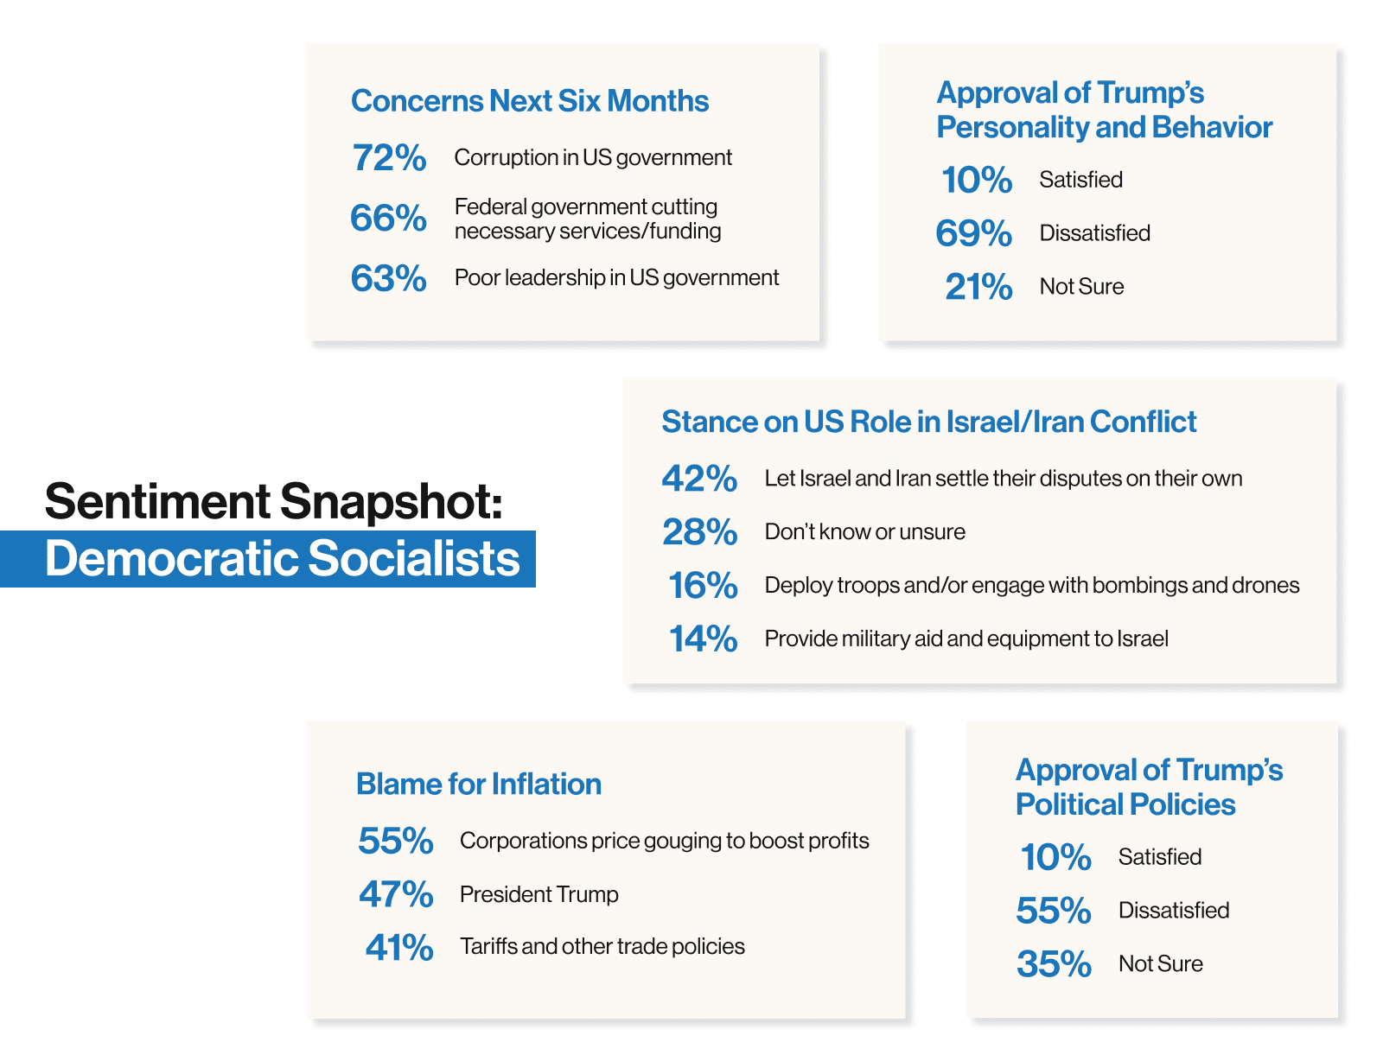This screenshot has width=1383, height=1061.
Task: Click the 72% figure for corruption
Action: [389, 157]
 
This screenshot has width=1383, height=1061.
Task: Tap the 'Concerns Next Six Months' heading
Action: [530, 100]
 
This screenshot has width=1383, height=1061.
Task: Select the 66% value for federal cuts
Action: [388, 218]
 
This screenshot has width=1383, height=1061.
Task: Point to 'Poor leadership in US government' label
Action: [616, 278]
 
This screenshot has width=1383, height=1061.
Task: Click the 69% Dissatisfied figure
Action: [974, 232]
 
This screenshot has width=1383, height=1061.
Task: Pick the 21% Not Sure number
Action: [978, 286]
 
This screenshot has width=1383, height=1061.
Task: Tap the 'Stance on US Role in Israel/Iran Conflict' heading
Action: [928, 421]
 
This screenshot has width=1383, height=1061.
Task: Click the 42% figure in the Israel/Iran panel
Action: [699, 479]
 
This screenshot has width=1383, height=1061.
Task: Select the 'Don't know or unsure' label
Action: [865, 531]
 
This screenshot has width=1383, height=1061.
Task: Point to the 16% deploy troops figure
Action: [703, 585]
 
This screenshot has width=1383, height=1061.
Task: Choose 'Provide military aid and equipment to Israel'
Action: [966, 639]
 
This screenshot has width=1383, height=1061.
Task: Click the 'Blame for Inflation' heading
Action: [479, 784]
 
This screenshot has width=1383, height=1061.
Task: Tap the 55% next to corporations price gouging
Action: [395, 841]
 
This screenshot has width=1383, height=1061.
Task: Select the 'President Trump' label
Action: [539, 894]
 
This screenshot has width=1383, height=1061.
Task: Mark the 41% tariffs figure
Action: [399, 947]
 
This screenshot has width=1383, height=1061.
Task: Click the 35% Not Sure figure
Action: [1054, 963]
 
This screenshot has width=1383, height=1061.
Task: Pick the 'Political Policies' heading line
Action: [1125, 804]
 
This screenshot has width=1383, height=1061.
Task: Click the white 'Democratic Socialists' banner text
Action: [282, 558]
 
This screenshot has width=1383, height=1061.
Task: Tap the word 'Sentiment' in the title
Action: [158, 502]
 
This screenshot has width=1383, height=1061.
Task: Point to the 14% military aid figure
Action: [703, 639]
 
